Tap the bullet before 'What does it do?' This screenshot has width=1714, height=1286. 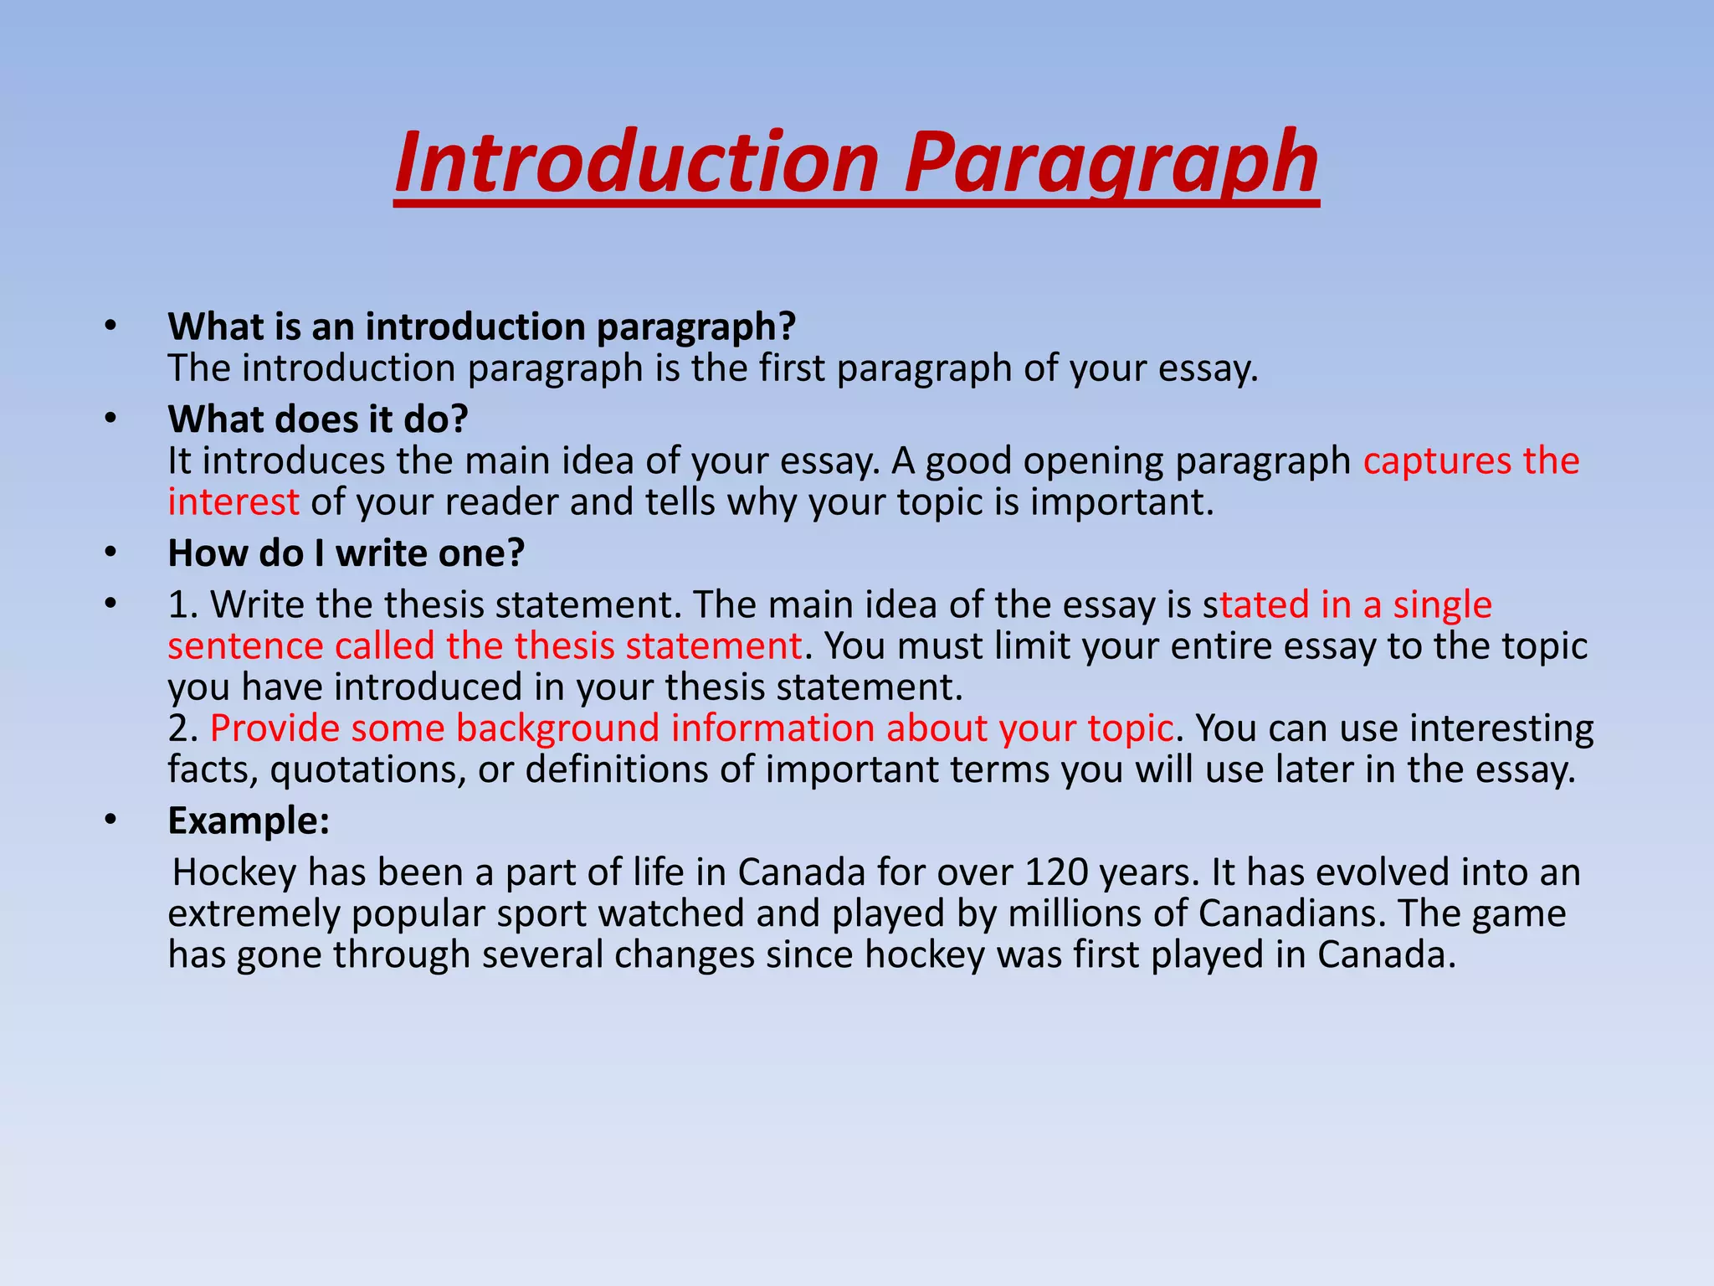pos(110,418)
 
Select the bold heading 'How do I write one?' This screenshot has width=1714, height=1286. pos(346,553)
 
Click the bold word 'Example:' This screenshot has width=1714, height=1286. pos(249,820)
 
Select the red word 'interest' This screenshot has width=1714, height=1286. pos(233,502)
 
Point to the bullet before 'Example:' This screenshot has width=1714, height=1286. pos(110,820)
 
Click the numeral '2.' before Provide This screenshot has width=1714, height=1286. pos(182,728)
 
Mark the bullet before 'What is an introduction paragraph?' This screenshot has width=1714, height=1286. pos(110,326)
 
